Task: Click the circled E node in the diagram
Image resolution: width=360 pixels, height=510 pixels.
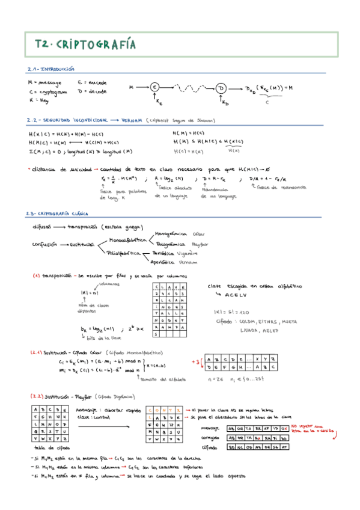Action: (x=154, y=88)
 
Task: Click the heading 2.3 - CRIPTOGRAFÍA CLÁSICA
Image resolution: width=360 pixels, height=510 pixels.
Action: (x=57, y=214)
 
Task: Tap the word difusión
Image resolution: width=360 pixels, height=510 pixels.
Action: (x=43, y=227)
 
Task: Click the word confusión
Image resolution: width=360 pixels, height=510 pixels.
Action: (x=44, y=245)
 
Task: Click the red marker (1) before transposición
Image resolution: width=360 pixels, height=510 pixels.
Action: (x=36, y=276)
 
